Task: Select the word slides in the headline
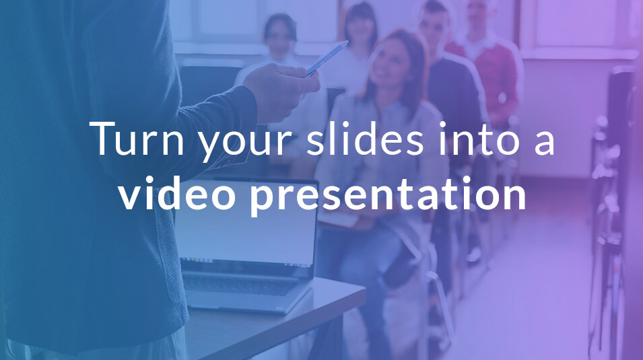365,138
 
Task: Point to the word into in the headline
479,139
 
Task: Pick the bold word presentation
388,196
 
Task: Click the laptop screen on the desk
246,221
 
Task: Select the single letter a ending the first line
545,143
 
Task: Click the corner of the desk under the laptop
362,292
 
